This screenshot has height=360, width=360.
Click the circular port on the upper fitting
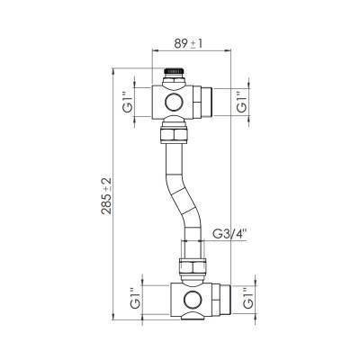(x=172, y=103)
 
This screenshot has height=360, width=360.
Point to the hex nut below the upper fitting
(x=169, y=136)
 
